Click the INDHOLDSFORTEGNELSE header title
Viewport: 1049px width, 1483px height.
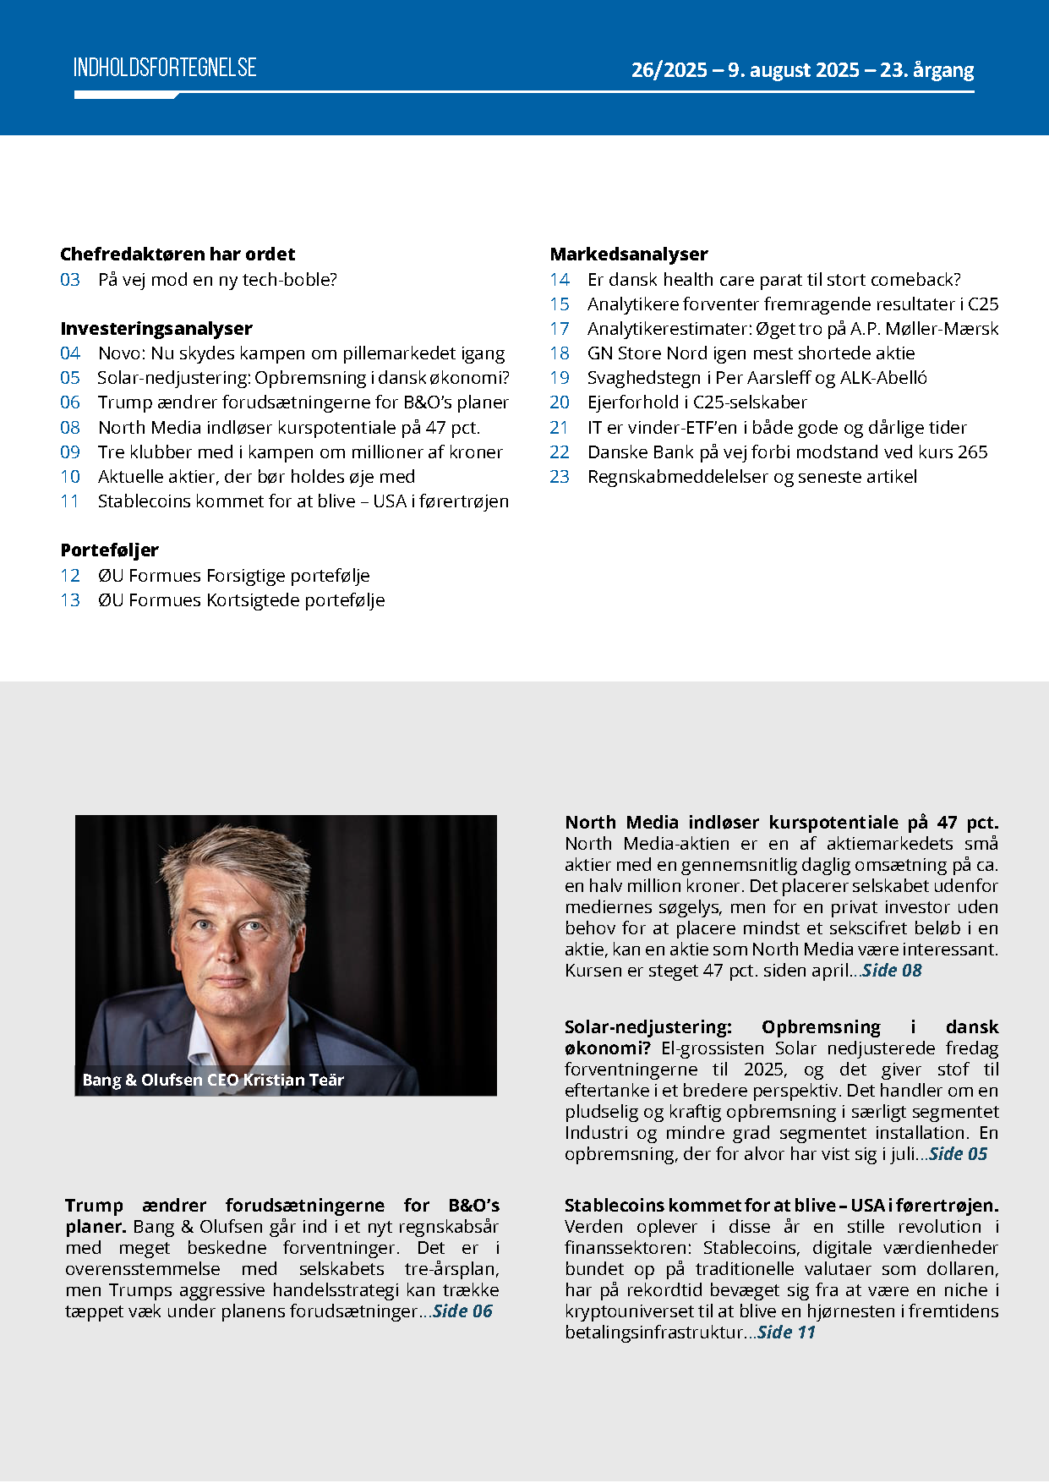click(165, 68)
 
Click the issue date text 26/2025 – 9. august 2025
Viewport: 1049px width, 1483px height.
click(745, 70)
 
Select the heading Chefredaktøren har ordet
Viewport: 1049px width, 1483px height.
click(178, 254)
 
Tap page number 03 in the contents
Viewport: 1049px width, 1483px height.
click(70, 280)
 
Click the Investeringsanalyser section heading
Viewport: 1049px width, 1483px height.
click(156, 328)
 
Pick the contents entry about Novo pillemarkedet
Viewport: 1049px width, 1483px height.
click(301, 353)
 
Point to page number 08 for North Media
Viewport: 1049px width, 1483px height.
click(70, 428)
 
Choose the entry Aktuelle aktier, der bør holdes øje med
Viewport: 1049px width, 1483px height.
click(256, 477)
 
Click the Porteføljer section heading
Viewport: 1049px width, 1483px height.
click(109, 550)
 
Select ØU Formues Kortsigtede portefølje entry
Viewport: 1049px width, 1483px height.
click(241, 600)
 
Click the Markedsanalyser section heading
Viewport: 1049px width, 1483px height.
click(629, 254)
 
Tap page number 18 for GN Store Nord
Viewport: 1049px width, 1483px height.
click(560, 353)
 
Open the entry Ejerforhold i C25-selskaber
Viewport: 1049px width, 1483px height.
click(697, 402)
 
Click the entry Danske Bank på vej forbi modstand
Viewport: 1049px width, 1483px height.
click(787, 452)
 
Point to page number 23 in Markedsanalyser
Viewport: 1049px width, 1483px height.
click(560, 477)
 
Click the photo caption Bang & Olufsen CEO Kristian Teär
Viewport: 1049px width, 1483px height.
click(213, 1080)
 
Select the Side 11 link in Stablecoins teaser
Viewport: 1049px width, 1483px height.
click(786, 1333)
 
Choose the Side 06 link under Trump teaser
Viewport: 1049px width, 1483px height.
click(462, 1311)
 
